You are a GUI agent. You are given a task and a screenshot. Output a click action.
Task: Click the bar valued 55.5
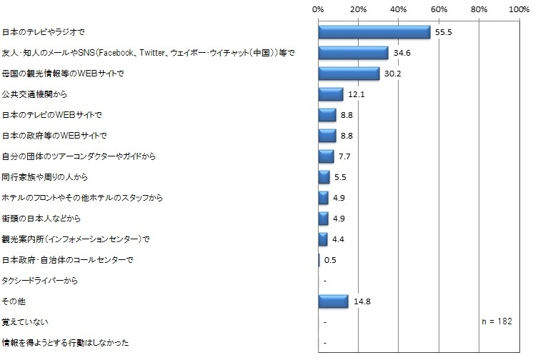tap(374, 32)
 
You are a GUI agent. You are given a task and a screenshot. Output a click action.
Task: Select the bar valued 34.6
tap(353, 53)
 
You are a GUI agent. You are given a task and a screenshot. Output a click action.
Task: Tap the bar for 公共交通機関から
tap(330, 94)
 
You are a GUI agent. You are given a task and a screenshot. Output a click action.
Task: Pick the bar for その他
tap(333, 301)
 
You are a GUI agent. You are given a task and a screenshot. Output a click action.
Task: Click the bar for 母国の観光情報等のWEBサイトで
tap(349, 74)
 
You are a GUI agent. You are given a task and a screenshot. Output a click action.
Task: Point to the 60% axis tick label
tap(439, 9)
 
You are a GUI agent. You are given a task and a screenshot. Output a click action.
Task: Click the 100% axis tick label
tap(519, 9)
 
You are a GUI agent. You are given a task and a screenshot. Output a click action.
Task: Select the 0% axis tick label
tap(319, 9)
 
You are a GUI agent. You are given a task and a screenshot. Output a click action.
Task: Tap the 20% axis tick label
tap(359, 9)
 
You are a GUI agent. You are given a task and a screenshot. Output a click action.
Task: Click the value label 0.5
tap(330, 260)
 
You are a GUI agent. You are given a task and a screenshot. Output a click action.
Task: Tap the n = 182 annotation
tap(497, 322)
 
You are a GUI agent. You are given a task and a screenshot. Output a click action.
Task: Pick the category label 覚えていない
tap(25, 322)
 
